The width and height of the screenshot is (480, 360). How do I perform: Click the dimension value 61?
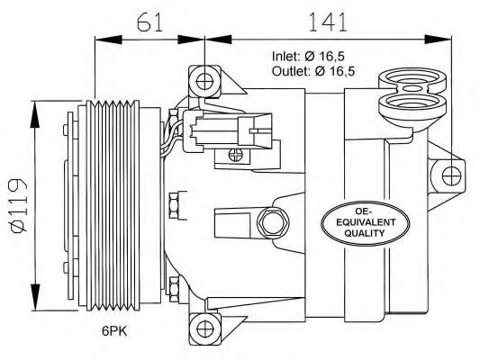[x=149, y=22]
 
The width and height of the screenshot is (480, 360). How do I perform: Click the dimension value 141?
[x=328, y=22]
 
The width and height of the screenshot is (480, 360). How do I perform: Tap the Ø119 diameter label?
[x=19, y=206]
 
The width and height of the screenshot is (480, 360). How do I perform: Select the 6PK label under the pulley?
[x=114, y=331]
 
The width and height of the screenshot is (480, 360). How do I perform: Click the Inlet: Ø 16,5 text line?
[x=308, y=57]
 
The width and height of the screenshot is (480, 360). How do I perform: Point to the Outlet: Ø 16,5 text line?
[x=313, y=71]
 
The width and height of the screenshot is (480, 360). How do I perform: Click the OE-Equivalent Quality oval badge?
[x=365, y=222]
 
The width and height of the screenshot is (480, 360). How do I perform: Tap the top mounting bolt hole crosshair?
[x=204, y=82]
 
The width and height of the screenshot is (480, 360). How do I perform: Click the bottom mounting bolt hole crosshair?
[x=204, y=328]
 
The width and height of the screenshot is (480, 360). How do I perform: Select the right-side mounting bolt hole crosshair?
[x=451, y=176]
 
